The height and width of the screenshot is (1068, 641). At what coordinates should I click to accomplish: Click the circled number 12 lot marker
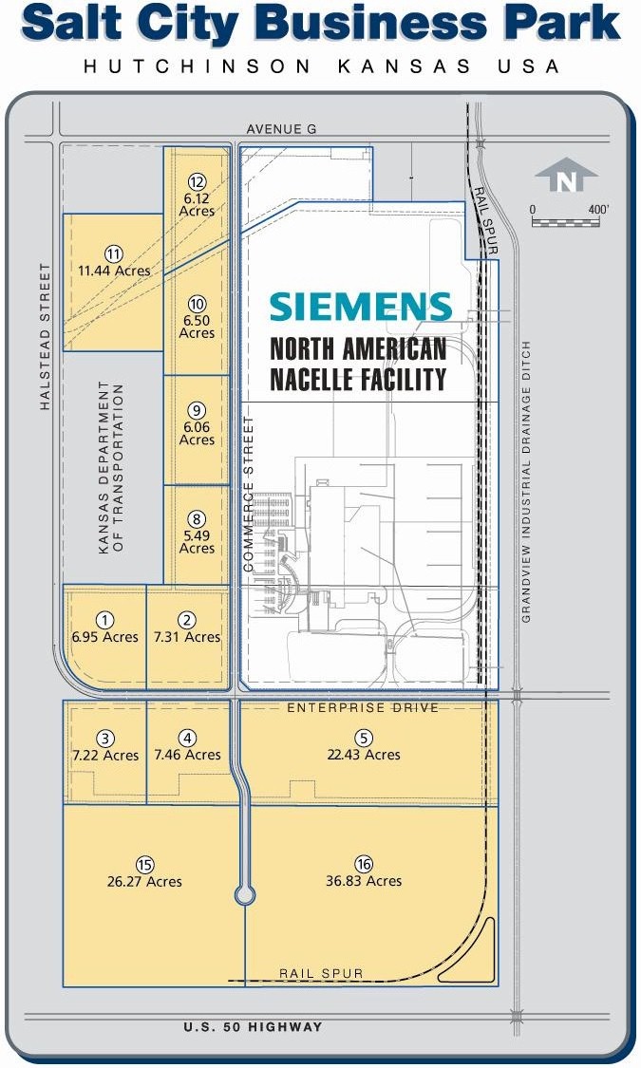pos(197,182)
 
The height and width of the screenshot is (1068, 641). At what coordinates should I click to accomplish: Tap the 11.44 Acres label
pos(115,271)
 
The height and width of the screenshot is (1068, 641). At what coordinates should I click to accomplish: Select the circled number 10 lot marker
pos(197,305)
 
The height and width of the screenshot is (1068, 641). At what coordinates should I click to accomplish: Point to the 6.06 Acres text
pos(197,433)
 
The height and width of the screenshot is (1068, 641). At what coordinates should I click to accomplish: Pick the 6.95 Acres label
pos(104,637)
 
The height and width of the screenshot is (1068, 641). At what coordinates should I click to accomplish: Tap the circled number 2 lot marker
pos(187,620)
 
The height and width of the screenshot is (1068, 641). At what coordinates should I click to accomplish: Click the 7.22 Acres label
pos(105,756)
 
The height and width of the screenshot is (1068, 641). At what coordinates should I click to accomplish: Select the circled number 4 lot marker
pos(187,739)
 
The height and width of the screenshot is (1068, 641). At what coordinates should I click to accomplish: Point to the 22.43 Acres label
pos(364,755)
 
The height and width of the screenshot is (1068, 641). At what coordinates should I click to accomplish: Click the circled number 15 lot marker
pos(144,864)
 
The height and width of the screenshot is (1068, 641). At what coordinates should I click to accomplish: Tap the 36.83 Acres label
pos(364,881)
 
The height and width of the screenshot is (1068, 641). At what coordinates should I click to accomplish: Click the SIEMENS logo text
pos(361,308)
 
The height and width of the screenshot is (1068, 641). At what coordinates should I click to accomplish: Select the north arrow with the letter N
pos(565,175)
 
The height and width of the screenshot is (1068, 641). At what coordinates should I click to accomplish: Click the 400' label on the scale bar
pos(598,209)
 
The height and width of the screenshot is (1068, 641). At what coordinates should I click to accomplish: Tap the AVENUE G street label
pos(281,129)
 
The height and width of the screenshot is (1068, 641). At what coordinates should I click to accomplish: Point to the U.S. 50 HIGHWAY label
pos(253,1027)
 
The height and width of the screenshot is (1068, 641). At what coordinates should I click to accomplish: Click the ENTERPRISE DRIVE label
pos(363,707)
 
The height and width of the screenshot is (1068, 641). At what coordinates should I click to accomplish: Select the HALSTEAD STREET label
pos(46,336)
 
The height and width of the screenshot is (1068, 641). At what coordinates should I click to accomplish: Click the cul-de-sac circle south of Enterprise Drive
pos(245,894)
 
